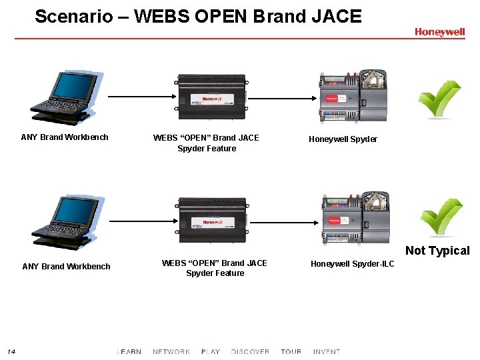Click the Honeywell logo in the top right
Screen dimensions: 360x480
point(439,31)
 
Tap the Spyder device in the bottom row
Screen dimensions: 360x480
point(355,218)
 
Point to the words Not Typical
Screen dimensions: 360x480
point(437,251)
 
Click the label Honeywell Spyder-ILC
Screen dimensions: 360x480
point(352,264)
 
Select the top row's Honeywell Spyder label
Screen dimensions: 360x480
point(343,139)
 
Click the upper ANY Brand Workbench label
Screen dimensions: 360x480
point(65,137)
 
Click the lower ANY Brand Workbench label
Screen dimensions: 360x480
point(66,267)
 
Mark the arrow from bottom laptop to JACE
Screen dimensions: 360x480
point(141,221)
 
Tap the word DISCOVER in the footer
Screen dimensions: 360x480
point(250,351)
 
